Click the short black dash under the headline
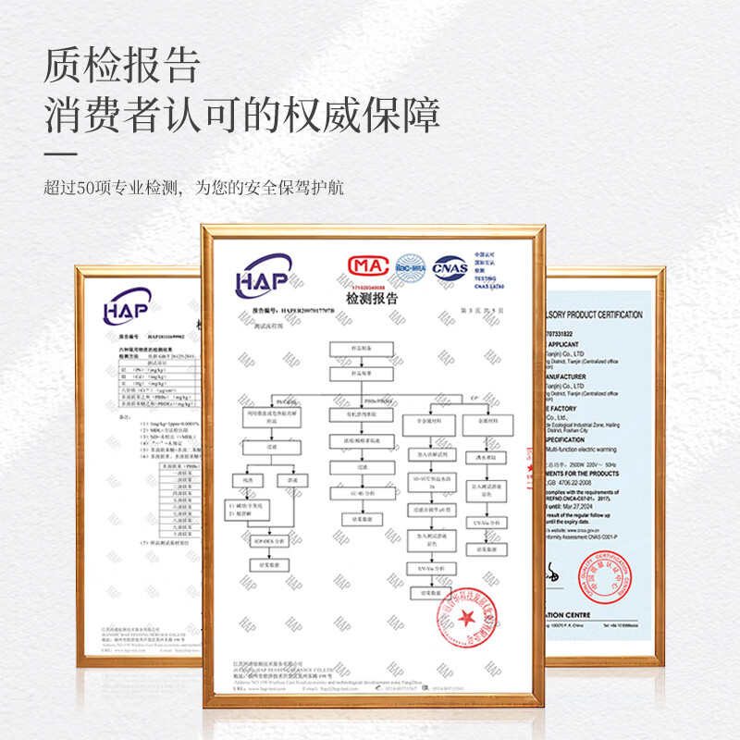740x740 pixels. click(61, 153)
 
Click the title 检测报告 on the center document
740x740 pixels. click(370, 299)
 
